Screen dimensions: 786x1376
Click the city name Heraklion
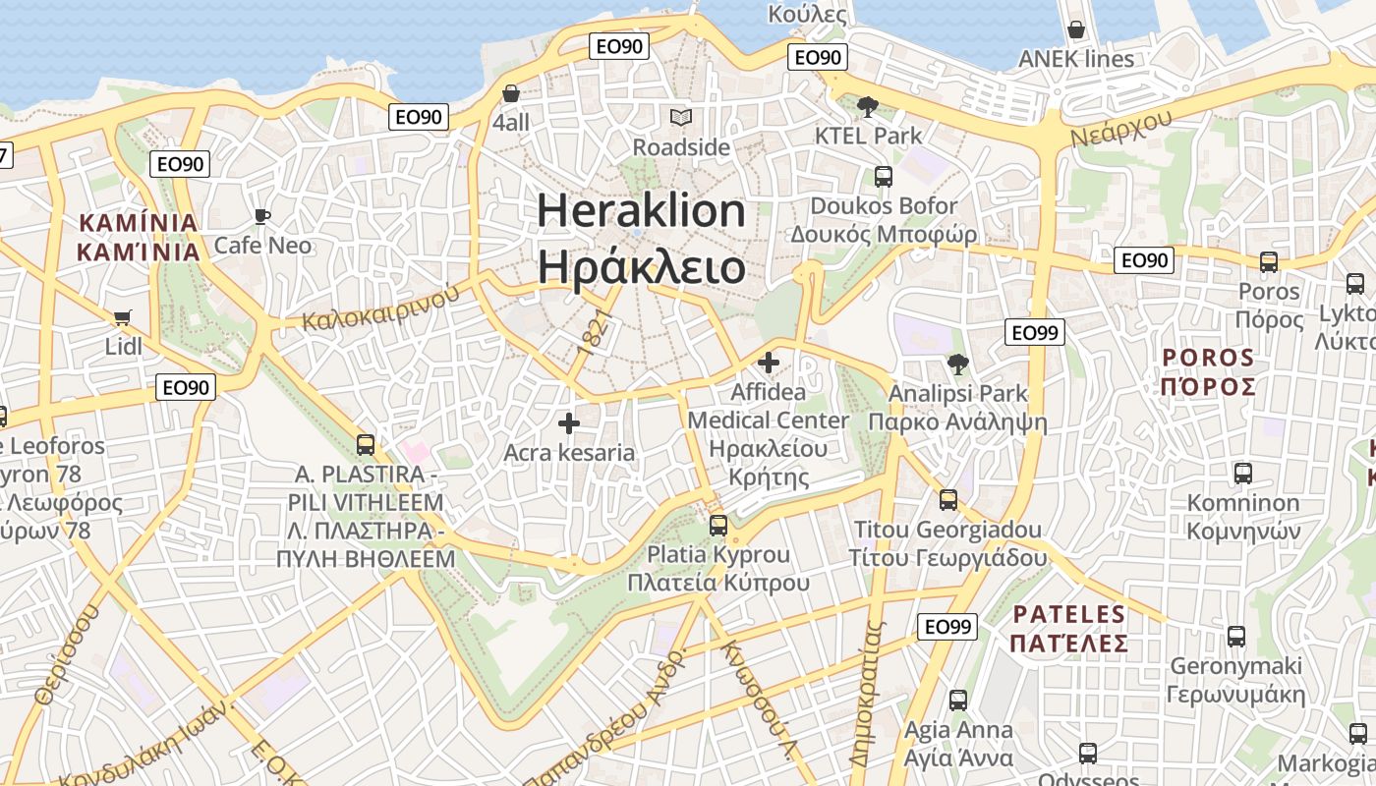coord(641,211)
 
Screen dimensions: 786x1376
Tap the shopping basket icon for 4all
coord(511,94)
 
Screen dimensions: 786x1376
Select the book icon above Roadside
coord(681,118)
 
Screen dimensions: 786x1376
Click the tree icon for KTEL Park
coord(867,106)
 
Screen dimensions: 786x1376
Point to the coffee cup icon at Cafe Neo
coord(261,216)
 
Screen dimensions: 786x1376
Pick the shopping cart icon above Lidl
coord(123,317)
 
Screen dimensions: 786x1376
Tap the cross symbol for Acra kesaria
coord(569,423)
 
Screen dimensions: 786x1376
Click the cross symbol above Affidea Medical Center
coord(769,363)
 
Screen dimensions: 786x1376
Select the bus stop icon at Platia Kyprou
coord(718,525)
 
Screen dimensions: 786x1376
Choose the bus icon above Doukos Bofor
coord(884,177)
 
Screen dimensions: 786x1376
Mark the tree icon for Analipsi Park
coord(957,365)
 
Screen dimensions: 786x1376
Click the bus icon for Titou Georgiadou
coord(948,500)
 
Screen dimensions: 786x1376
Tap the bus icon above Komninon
coord(1243,473)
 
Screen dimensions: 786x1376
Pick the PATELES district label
coord(1068,615)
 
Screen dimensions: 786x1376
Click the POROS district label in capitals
coord(1208,357)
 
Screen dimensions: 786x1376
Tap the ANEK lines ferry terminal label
coord(1076,59)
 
